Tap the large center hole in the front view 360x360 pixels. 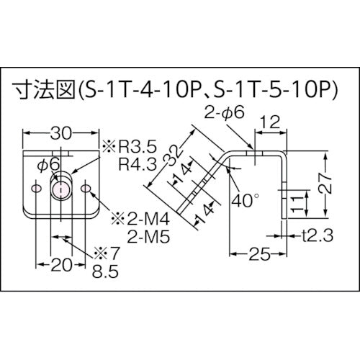(x=60, y=189)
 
